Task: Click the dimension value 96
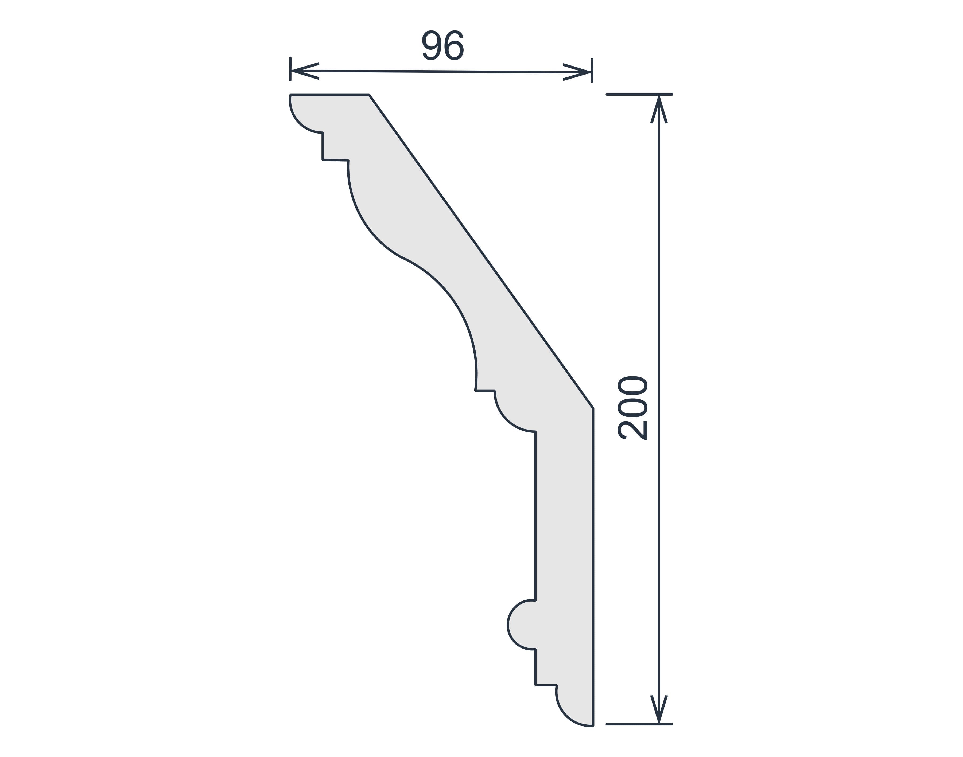point(442,45)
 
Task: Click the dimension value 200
point(633,408)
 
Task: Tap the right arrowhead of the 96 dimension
point(577,72)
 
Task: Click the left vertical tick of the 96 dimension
point(290,69)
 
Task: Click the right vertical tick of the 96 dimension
point(592,71)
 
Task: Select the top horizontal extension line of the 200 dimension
point(639,94)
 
